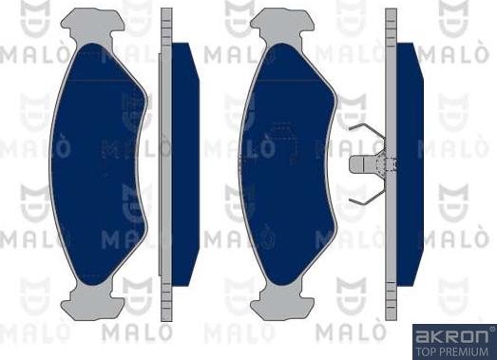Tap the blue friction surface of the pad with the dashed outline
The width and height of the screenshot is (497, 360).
pyautogui.click(x=285, y=190)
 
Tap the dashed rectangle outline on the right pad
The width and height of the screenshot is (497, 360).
pyautogui.click(x=283, y=142)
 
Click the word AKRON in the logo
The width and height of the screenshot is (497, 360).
pyautogui.click(x=452, y=334)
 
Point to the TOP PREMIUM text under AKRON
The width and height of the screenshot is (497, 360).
pyautogui.click(x=452, y=350)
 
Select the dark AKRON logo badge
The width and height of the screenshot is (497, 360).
pyautogui.click(x=452, y=341)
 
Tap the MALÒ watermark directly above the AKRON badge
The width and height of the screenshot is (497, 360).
pyautogui.click(x=455, y=232)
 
